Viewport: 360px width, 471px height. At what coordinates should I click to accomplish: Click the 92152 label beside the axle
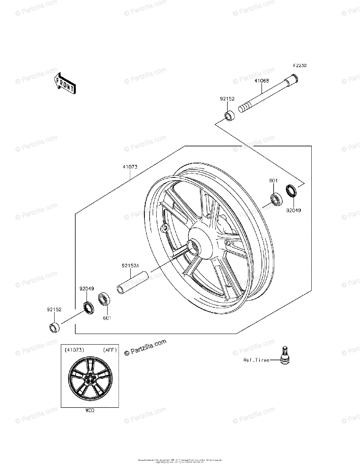[x=227, y=99]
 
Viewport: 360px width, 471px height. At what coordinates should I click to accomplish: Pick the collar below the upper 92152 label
[x=229, y=116]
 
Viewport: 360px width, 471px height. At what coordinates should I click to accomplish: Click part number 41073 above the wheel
[x=130, y=167]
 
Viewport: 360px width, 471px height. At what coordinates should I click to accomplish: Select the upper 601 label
[x=273, y=181]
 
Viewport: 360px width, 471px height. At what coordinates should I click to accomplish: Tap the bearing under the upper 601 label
[x=277, y=199]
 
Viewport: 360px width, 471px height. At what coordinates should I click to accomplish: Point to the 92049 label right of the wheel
[x=293, y=210]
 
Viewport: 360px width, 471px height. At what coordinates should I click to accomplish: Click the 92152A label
[x=130, y=266]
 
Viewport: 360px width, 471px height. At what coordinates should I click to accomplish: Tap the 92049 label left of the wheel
[x=86, y=289]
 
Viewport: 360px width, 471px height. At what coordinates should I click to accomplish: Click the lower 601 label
[x=107, y=318]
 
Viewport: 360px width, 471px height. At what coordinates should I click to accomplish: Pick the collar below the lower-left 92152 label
[x=54, y=327]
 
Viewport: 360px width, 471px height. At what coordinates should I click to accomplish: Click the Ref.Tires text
[x=256, y=360]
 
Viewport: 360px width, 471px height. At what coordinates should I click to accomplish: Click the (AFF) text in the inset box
[x=110, y=350]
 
